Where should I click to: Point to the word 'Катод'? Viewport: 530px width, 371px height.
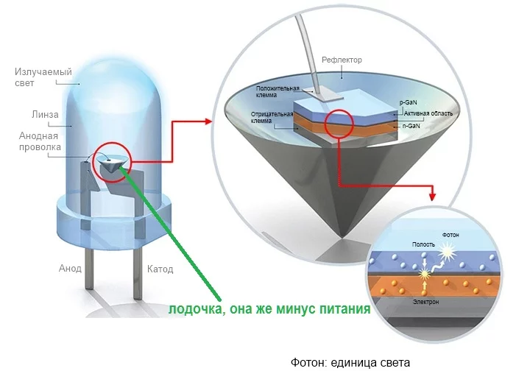click(160, 269)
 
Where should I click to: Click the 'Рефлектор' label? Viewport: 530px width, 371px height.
click(342, 60)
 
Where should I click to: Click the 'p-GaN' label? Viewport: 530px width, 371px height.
click(409, 103)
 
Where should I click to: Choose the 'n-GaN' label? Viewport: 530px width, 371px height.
click(411, 126)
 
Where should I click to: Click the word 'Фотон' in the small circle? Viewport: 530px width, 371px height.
click(450, 235)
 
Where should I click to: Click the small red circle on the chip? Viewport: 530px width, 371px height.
click(339, 123)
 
